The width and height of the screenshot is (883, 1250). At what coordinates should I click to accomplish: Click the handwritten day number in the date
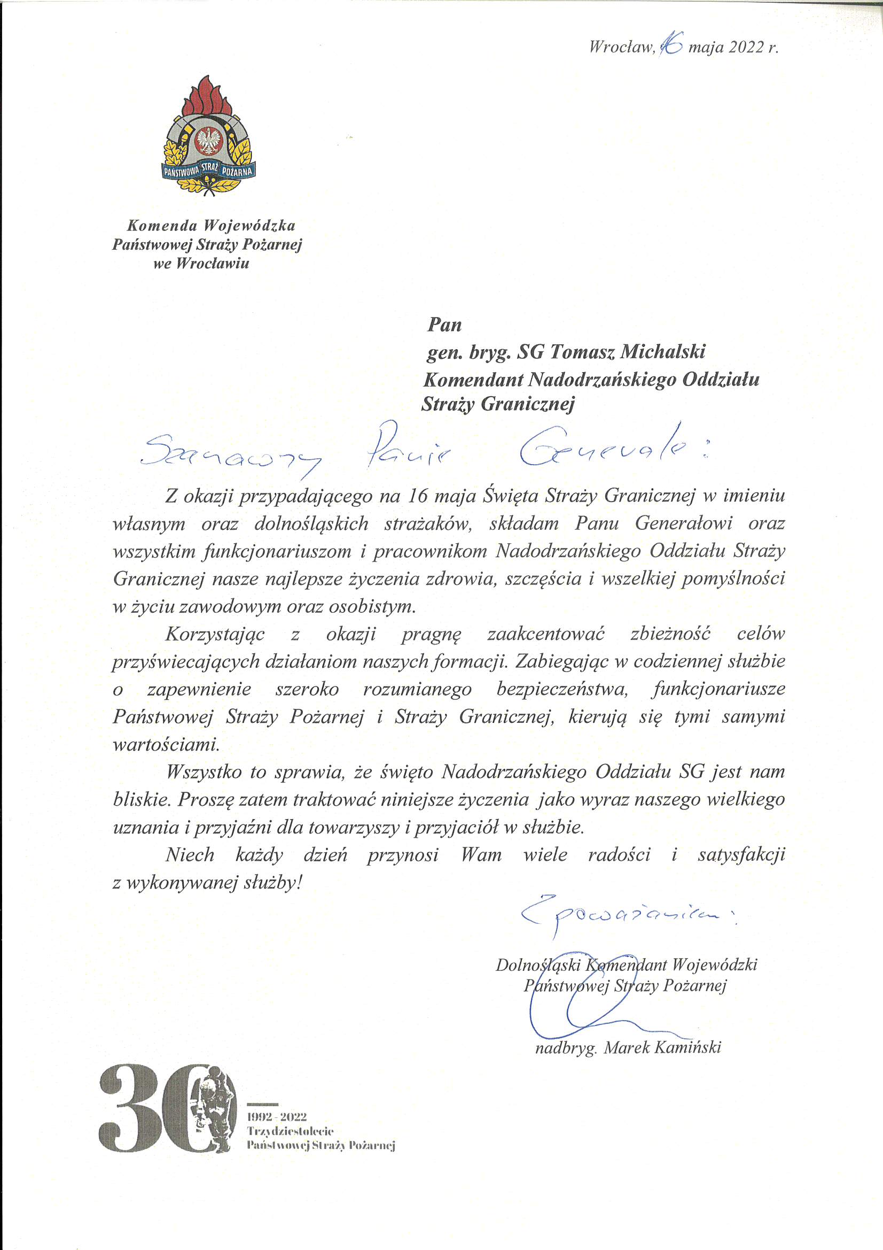tap(671, 46)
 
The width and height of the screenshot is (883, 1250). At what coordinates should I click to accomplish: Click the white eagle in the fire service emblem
tap(209, 141)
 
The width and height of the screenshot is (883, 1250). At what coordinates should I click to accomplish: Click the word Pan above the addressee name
tap(444, 325)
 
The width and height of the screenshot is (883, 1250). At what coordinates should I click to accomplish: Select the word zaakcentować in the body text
tap(546, 634)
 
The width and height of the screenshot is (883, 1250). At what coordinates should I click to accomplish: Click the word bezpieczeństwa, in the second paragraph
tap(562, 689)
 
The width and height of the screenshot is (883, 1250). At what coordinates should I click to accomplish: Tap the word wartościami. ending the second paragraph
tap(166, 744)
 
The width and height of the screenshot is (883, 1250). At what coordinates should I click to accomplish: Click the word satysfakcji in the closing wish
tap(741, 854)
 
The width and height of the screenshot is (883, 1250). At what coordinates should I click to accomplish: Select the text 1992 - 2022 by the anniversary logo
tap(277, 1117)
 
